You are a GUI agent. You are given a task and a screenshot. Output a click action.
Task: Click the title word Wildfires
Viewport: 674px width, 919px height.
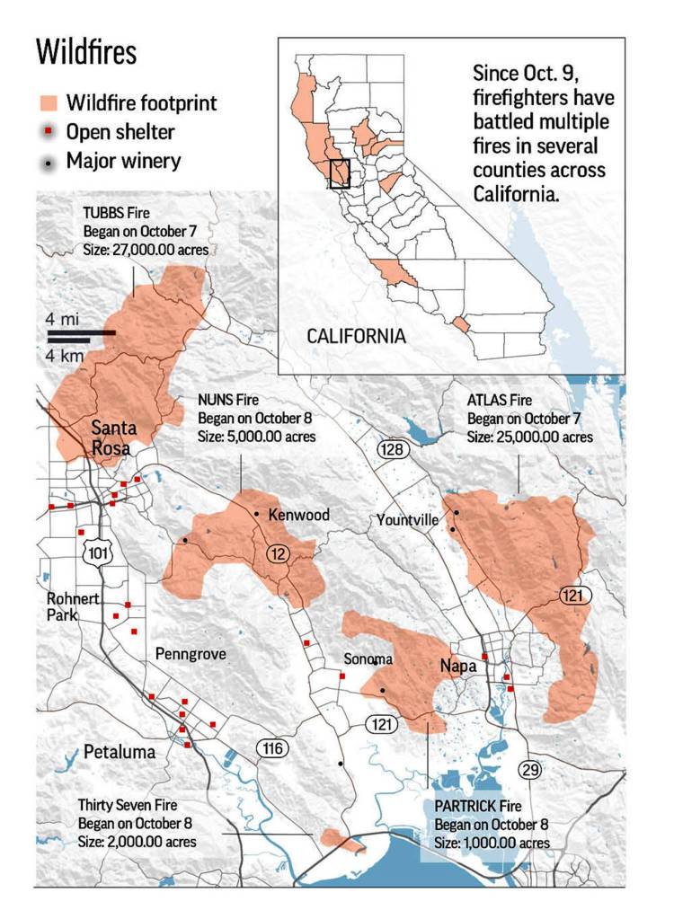click(x=86, y=52)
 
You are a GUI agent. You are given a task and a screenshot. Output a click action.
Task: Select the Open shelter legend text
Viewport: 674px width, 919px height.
click(x=120, y=133)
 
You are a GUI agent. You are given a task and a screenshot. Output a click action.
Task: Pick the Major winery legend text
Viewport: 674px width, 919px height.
click(x=123, y=162)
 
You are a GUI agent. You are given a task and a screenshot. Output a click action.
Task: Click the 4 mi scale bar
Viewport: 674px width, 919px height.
click(x=81, y=333)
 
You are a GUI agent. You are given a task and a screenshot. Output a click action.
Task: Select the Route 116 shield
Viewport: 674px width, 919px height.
click(x=270, y=747)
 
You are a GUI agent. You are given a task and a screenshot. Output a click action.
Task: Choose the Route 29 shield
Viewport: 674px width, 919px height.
click(x=530, y=769)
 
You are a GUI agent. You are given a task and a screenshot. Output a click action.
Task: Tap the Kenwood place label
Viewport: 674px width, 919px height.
click(x=299, y=516)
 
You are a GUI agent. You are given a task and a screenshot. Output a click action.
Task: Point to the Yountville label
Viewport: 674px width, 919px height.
click(x=407, y=520)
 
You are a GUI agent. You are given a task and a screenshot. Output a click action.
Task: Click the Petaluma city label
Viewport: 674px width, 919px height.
click(x=120, y=753)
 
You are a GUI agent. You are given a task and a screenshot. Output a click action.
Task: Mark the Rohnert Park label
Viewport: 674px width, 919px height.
click(x=74, y=607)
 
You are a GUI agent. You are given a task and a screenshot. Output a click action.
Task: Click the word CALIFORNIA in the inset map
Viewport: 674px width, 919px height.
click(x=356, y=337)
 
